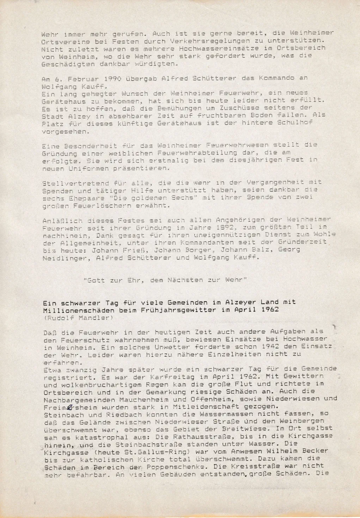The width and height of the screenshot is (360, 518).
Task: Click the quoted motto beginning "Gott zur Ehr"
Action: coord(165,280)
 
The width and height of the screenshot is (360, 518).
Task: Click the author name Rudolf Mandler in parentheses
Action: coord(79,318)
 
